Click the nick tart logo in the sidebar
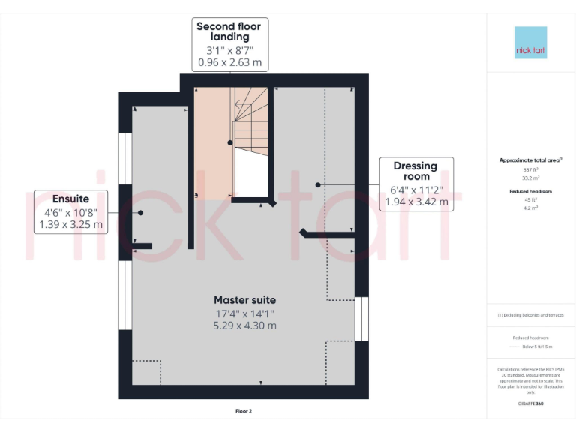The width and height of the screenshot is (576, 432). coord(530,43)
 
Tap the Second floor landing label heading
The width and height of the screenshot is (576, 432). coord(230,31)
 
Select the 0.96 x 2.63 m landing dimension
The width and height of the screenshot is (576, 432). coord(230,62)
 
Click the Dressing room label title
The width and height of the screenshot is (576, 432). coord(415,171)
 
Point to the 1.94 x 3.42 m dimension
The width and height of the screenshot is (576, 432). coord(416,202)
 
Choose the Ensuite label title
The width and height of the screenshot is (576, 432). coord(70,199)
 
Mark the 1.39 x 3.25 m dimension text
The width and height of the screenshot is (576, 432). coord(70,224)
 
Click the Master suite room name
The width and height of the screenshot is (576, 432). coord(244,300)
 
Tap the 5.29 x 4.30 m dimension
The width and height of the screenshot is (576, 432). coord(244,325)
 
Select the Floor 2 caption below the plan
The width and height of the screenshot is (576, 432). coord(244,411)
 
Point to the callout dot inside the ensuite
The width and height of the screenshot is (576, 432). coord(140,212)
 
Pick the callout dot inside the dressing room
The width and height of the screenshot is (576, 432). coord(318,184)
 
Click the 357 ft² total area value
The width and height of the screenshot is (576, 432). coord(530,170)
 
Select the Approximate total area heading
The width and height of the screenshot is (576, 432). coord(529,160)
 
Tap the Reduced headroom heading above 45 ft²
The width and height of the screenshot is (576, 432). coord(530,192)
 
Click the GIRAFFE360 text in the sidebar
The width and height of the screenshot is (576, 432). coord(530,404)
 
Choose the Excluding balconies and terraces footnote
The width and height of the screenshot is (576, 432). coord(530,315)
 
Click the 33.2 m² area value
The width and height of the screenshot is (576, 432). coord(530,178)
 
